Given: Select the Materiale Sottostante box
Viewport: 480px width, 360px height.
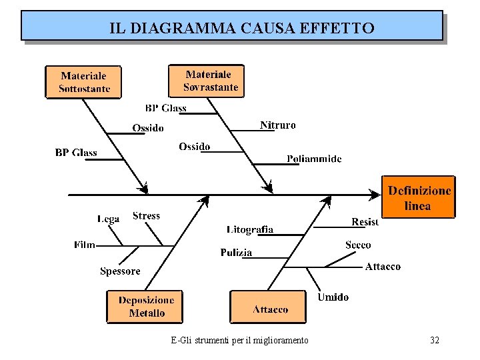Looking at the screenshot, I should (x=83, y=82).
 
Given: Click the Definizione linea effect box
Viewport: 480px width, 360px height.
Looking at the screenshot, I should (x=419, y=197).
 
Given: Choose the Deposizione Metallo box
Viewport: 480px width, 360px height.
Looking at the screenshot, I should (x=145, y=306).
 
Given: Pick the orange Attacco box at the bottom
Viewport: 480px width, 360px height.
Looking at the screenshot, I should (x=268, y=307).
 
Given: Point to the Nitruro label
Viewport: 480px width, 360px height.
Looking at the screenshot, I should (x=277, y=125).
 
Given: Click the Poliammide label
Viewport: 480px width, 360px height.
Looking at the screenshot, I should (x=314, y=159).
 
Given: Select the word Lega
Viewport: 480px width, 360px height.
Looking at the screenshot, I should (x=108, y=218).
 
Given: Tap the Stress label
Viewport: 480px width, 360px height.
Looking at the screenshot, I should (x=146, y=215).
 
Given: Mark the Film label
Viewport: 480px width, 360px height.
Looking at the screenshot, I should (x=85, y=245).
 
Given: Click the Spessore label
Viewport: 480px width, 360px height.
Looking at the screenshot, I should (x=120, y=271).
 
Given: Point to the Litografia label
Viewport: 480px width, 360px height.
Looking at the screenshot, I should (x=250, y=229).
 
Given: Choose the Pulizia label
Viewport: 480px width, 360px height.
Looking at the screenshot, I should (x=237, y=252).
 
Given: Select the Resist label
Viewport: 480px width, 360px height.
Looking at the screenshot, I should (x=365, y=221).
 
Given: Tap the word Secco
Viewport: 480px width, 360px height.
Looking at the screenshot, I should (x=358, y=245).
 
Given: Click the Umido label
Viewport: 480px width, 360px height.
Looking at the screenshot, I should (x=332, y=297).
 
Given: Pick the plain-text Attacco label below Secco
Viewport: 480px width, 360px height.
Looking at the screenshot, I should (x=383, y=266).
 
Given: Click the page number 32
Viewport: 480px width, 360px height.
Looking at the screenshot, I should (x=434, y=340).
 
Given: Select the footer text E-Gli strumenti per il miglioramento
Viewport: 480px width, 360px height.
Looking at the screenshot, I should (x=239, y=340).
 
